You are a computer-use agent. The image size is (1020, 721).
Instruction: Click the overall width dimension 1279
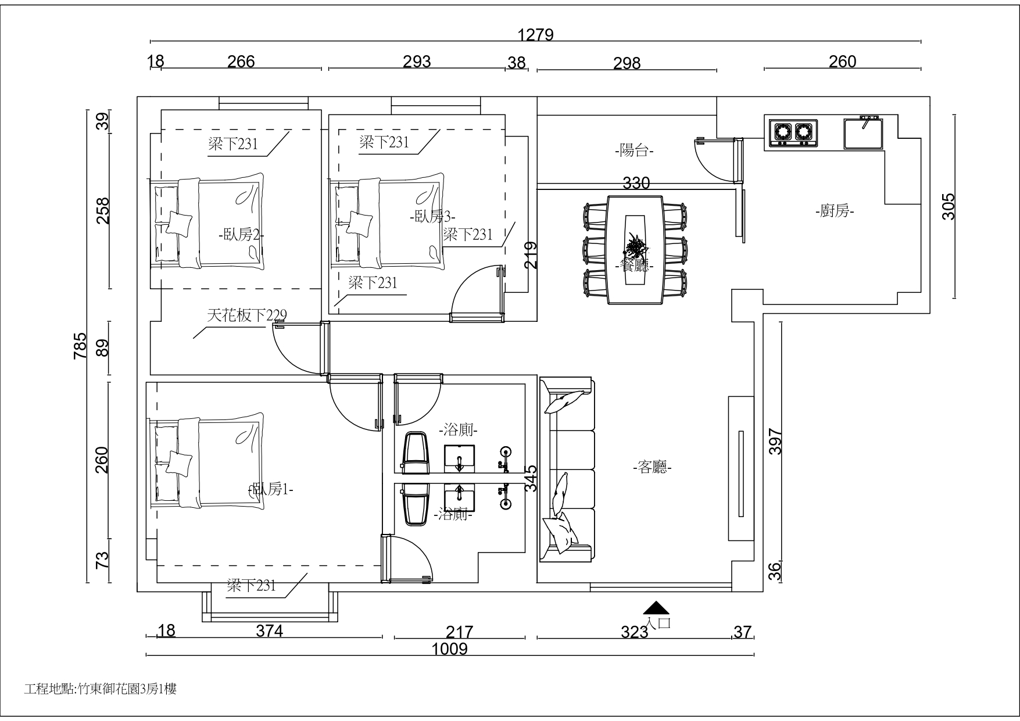tap(535, 35)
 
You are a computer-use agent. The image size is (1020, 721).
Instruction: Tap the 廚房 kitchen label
tap(835, 211)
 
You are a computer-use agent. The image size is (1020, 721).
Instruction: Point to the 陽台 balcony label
tap(634, 150)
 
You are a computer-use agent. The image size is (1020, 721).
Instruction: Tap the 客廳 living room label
tap(652, 467)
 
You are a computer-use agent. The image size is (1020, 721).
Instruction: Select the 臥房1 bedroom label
tap(270, 490)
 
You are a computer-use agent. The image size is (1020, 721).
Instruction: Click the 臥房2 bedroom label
tap(241, 235)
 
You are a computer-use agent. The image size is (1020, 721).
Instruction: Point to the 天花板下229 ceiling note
tap(247, 315)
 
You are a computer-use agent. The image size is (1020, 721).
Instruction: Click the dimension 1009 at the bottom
tap(450, 648)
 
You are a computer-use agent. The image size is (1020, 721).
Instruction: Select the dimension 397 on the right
tap(776, 441)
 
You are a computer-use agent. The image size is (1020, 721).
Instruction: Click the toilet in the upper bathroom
tap(416, 453)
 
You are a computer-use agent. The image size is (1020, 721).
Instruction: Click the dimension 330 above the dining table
tap(636, 183)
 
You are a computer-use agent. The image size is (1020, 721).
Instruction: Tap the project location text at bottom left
tap(101, 689)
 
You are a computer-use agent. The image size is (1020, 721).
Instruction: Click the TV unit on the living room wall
tap(741, 469)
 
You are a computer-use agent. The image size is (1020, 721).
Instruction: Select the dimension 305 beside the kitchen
tap(948, 206)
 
